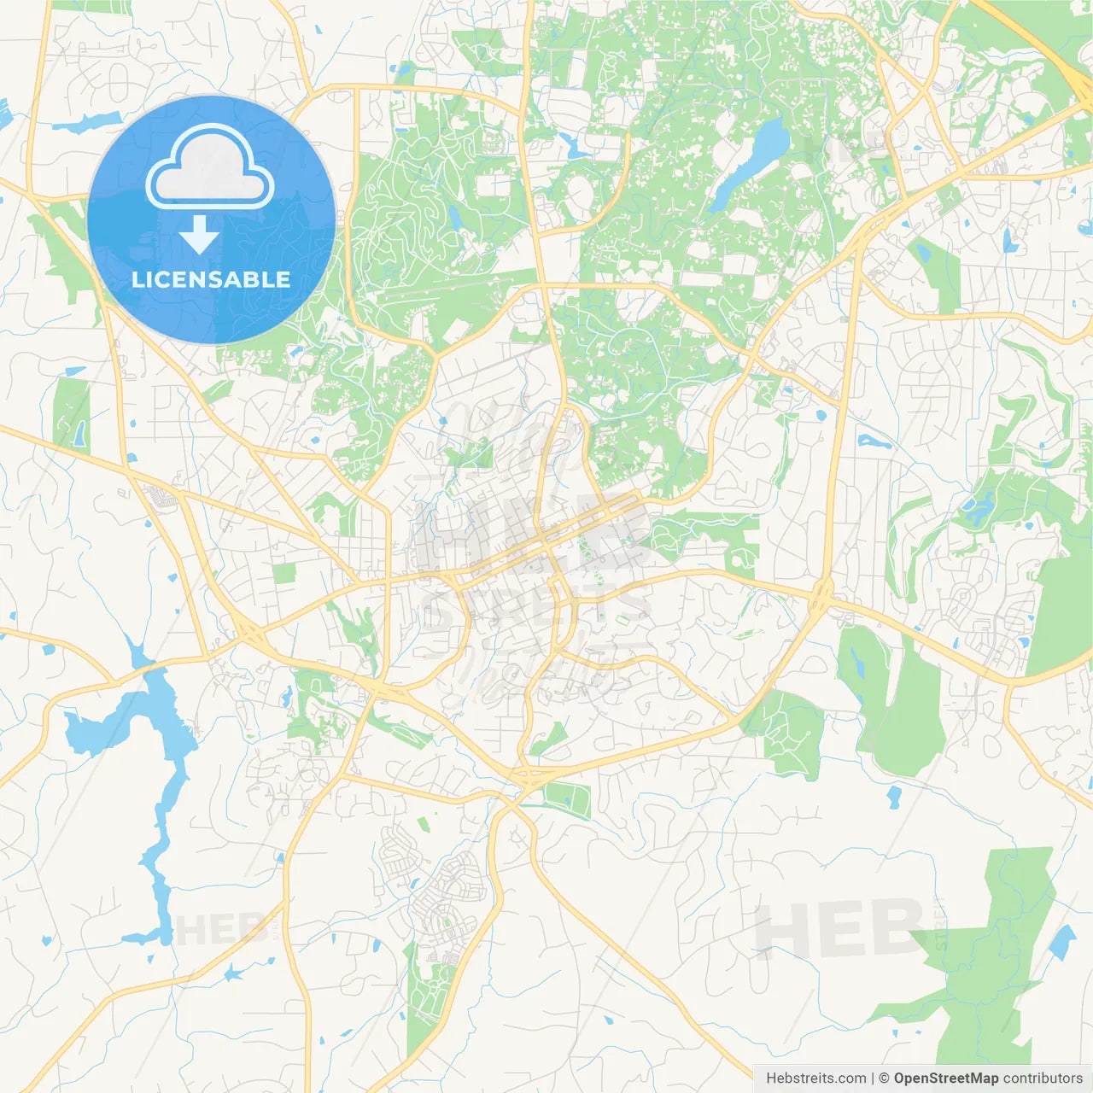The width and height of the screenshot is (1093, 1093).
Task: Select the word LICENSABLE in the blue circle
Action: [x=211, y=279]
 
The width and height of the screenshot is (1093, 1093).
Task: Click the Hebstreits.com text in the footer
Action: [x=815, y=1078]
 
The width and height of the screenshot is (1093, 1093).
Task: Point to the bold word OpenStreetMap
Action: [x=945, y=1078]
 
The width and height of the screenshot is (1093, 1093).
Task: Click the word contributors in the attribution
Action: [x=1043, y=1078]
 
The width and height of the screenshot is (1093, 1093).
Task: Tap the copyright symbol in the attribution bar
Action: [x=884, y=1078]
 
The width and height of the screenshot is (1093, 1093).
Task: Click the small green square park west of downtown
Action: [x=283, y=573]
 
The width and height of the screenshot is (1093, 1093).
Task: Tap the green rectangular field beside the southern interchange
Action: [x=568, y=799]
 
